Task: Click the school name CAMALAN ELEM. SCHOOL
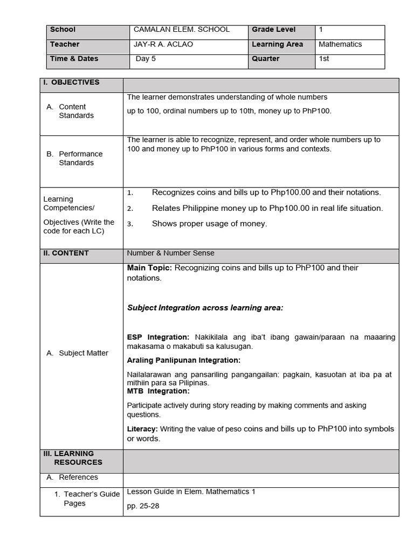pyautogui.click(x=181, y=30)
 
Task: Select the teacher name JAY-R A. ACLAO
pyautogui.click(x=163, y=44)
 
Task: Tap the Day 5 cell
pyautogui.click(x=146, y=59)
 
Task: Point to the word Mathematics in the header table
pyautogui.click(x=340, y=44)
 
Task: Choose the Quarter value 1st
pyautogui.click(x=324, y=59)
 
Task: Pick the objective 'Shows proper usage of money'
pyautogui.click(x=209, y=224)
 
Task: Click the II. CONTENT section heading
pyautogui.click(x=66, y=253)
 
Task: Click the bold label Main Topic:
pyautogui.click(x=149, y=268)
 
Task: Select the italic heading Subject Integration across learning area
pyautogui.click(x=205, y=308)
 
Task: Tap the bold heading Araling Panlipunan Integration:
pyautogui.click(x=183, y=360)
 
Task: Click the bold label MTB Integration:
pyautogui.click(x=158, y=391)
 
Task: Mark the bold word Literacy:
pyautogui.click(x=142, y=429)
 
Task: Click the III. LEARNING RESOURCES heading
pyautogui.click(x=73, y=458)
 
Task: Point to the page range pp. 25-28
pyautogui.click(x=143, y=507)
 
